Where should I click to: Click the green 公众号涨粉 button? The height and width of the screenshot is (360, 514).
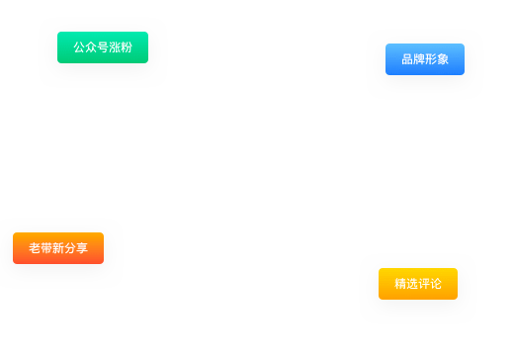pyautogui.click(x=103, y=47)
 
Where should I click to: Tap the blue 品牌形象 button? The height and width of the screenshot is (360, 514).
pyautogui.click(x=425, y=59)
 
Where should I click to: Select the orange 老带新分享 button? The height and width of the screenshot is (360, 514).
pyautogui.click(x=58, y=248)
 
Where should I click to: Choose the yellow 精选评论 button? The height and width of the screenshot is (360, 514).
pyautogui.click(x=418, y=284)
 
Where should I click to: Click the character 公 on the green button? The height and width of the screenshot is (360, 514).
pyautogui.click(x=79, y=47)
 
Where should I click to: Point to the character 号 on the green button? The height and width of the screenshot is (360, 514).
pyautogui.click(x=103, y=47)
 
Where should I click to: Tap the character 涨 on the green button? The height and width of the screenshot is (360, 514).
pyautogui.click(x=115, y=47)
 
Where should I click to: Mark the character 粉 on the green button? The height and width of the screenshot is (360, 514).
pyautogui.click(x=127, y=47)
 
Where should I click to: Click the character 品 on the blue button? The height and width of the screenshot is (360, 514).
pyautogui.click(x=407, y=59)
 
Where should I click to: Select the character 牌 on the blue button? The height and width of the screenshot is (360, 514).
pyautogui.click(x=419, y=59)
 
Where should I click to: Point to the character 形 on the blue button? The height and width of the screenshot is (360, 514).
pyautogui.click(x=431, y=59)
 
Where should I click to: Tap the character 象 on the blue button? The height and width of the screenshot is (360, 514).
pyautogui.click(x=443, y=59)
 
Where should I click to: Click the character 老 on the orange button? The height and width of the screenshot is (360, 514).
pyautogui.click(x=35, y=248)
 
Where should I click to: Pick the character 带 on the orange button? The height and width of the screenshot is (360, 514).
pyautogui.click(x=46, y=248)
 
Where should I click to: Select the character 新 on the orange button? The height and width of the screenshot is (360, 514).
pyautogui.click(x=58, y=248)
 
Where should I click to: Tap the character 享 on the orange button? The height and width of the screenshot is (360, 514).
pyautogui.click(x=82, y=248)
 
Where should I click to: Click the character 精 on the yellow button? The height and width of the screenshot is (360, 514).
pyautogui.click(x=400, y=284)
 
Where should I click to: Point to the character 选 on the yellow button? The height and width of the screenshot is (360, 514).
pyautogui.click(x=412, y=284)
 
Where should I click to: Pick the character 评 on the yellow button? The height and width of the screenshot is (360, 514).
pyautogui.click(x=424, y=284)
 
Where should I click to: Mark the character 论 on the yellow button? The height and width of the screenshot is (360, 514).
pyautogui.click(x=436, y=284)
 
